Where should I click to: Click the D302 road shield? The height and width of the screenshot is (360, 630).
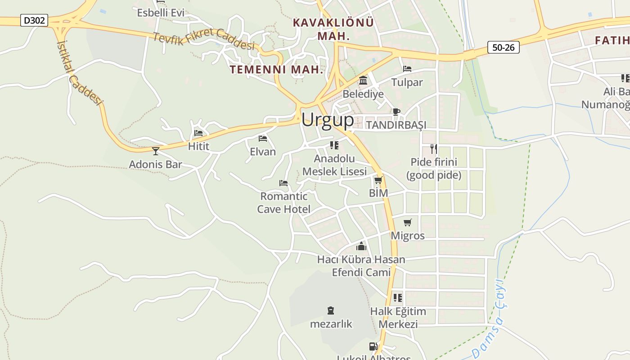coord(34,20)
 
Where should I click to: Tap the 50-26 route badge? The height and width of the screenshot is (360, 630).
coord(503,47)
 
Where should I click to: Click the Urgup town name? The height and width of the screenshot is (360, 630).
coord(328,120)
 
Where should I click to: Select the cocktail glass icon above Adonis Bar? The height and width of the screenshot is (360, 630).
coord(156,151)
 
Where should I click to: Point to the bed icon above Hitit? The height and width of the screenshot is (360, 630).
coord(198,133)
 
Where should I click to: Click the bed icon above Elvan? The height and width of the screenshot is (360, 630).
coord(263,139)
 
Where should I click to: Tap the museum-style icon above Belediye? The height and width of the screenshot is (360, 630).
coord(363,81)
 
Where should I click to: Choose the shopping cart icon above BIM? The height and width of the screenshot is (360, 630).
coord(378,180)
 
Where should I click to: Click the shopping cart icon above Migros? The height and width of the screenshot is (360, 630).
coord(407,222)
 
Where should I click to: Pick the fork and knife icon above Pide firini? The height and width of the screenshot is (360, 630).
coord(433,148)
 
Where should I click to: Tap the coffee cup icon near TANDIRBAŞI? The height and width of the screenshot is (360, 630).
coord(396,112)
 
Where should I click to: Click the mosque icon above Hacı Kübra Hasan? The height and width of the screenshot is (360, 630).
coord(361,246)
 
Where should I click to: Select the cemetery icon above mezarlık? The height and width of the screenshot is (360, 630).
coord(331,310)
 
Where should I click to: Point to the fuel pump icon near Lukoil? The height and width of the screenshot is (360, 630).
coord(373,346)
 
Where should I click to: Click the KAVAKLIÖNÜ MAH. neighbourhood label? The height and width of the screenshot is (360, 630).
coord(333,29)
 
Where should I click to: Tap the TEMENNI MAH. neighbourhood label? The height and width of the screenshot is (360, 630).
coord(276,70)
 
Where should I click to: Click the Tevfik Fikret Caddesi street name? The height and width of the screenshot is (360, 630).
coord(204,40)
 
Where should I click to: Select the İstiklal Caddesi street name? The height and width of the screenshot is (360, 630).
coord(79,72)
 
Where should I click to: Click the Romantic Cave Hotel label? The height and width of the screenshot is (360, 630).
coord(283,202)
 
